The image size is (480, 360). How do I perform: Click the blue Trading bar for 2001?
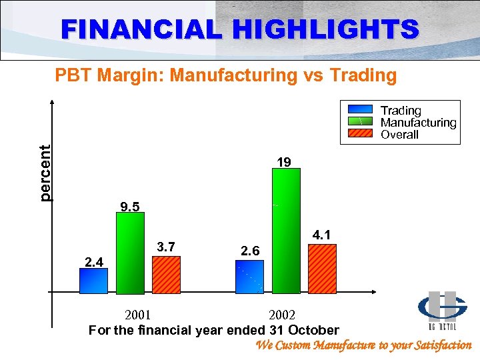click(93, 281)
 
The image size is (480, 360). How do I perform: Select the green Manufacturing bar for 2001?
click(131, 253)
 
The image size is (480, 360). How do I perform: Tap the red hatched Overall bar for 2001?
click(166, 275)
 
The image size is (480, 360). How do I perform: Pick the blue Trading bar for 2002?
click(251, 277)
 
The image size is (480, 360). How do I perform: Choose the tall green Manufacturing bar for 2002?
click(287, 231)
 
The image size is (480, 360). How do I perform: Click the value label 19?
click(284, 162)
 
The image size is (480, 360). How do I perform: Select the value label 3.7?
click(166, 247)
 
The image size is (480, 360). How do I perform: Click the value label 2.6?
click(251, 251)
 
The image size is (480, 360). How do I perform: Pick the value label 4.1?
click(323, 235)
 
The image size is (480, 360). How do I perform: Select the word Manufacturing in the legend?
click(418, 123)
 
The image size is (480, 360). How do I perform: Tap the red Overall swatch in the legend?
click(360, 133)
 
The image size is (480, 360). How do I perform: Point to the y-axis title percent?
click(45, 173)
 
